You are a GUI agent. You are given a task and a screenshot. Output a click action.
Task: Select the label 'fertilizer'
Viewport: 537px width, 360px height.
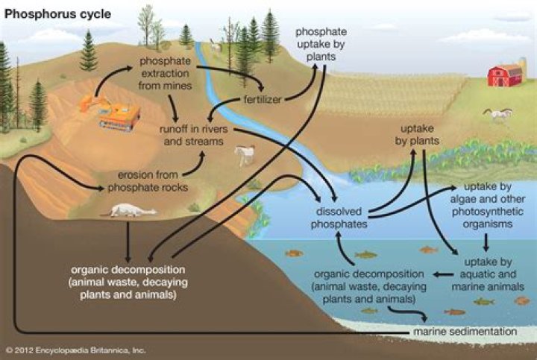click(x=262, y=100)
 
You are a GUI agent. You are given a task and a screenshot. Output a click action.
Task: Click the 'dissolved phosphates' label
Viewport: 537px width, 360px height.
click(x=336, y=218)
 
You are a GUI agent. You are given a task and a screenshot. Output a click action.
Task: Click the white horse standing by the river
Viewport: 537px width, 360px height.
click(x=245, y=155)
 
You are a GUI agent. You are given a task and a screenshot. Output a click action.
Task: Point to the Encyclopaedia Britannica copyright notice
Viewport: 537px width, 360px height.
click(x=75, y=349)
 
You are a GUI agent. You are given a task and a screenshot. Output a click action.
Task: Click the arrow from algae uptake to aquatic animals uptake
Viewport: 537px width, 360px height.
click(x=486, y=242)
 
